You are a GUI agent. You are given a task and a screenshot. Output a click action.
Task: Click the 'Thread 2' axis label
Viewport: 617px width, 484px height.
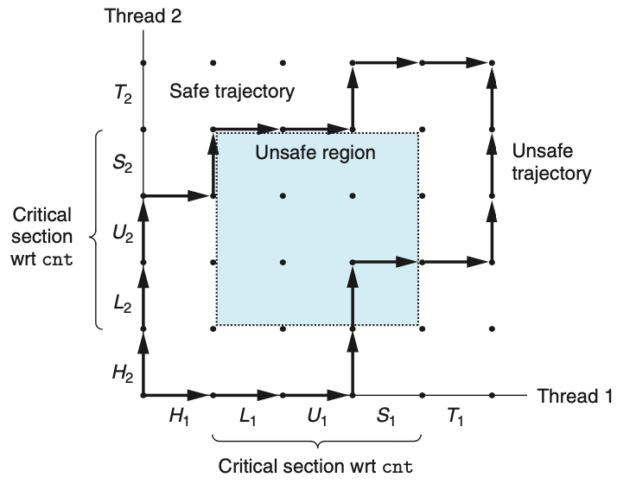[143, 15]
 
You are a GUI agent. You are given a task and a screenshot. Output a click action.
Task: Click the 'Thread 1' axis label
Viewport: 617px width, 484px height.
[573, 397]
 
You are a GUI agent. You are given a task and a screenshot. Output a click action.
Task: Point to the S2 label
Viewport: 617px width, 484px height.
[123, 162]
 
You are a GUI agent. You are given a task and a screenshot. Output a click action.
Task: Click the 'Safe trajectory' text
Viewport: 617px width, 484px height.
[232, 91]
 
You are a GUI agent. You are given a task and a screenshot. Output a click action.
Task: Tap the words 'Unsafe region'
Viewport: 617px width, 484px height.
[315, 154]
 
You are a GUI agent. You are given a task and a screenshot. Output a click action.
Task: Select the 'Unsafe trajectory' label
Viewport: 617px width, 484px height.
[551, 162]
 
